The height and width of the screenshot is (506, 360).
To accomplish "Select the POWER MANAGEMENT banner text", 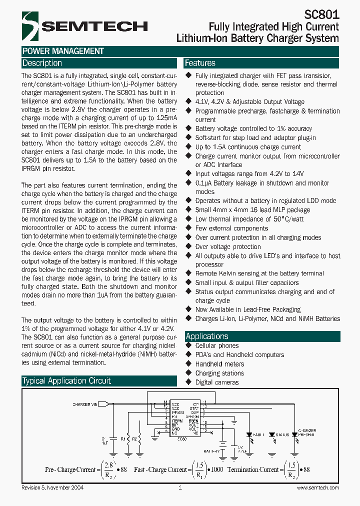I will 63,51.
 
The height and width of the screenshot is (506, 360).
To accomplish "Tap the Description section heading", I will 42,63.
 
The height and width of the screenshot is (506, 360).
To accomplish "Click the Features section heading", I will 200,63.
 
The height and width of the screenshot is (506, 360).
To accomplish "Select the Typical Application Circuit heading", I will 66,381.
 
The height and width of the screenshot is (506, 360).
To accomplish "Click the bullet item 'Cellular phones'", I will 216,346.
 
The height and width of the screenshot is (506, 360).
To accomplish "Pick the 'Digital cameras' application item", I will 216,382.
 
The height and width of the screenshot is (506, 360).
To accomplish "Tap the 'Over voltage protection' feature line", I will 227,246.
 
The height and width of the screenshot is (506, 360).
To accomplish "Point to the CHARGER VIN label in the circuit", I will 85,404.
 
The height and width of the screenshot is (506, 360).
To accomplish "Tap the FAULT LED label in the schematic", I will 257,435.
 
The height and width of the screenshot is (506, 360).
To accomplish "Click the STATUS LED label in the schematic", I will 282,435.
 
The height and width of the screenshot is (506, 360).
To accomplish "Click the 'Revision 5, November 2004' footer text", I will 56,488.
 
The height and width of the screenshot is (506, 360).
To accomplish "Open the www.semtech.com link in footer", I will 317,488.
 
